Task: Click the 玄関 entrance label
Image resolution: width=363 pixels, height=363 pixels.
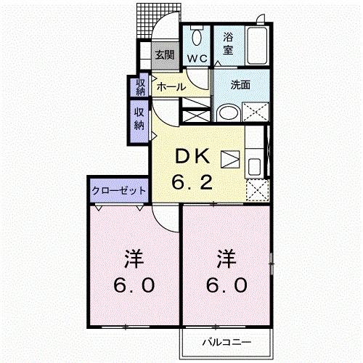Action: (x=163, y=54)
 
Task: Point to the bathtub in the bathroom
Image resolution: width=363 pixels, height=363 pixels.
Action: (x=257, y=44)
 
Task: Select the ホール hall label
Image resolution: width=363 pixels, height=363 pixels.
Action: (x=171, y=86)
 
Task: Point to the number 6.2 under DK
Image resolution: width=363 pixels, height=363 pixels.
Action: (x=192, y=181)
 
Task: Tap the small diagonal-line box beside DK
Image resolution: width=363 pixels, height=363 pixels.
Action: (x=229, y=158)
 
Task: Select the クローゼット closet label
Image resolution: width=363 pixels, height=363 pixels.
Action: (x=119, y=190)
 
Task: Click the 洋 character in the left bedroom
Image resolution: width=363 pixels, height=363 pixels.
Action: (x=131, y=259)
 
